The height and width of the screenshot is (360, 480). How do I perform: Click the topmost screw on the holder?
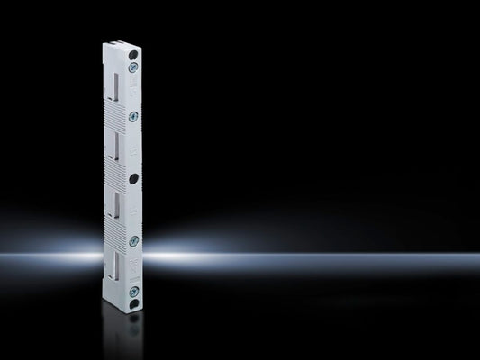133,67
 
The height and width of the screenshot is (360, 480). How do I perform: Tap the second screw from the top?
133,116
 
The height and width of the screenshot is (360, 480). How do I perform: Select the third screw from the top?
133,240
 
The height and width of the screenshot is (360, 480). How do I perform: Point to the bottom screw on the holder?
133,290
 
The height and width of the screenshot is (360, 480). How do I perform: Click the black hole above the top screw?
133,54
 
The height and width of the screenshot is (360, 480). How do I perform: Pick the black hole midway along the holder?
133,178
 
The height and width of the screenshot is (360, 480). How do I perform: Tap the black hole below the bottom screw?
133,303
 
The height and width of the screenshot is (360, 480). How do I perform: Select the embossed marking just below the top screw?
134,83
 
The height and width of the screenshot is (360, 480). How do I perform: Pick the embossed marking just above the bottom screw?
134,271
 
